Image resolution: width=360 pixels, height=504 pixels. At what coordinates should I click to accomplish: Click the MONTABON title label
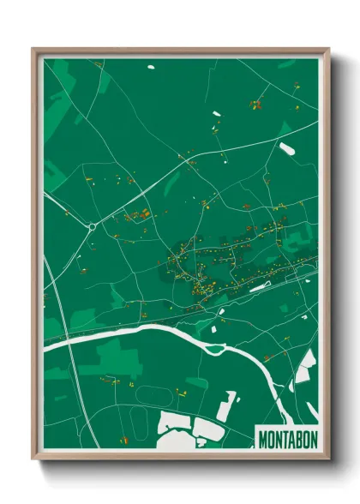286,438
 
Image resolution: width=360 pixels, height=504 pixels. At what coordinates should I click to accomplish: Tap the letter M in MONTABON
263,438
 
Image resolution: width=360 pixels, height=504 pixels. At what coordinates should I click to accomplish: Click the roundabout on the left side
91,227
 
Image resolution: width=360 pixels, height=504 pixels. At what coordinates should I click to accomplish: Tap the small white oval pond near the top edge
151,66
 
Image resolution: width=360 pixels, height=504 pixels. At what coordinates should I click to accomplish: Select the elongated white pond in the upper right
287,148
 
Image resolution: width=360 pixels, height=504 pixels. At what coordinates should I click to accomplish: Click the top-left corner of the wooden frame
34,50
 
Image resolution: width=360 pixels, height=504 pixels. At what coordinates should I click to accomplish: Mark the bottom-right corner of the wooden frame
327,458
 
